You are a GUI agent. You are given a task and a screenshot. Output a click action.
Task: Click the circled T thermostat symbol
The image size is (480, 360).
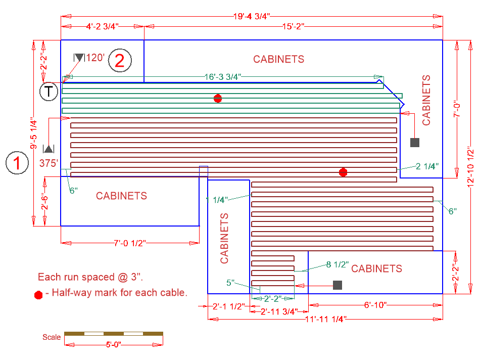tap(49, 92)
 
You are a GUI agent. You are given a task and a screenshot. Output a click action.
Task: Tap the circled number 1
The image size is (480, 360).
tap(17, 163)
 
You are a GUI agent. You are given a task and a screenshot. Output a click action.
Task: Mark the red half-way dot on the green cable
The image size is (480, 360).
tap(218, 99)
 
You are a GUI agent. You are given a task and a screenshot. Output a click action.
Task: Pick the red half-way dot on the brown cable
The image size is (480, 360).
tap(343, 172)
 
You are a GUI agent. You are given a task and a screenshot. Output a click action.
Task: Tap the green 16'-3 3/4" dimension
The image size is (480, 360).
tap(223, 77)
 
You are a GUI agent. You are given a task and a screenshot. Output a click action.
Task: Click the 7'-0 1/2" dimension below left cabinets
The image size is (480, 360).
tap(129, 243)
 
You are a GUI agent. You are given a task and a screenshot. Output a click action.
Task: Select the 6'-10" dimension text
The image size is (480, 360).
tap(375, 305)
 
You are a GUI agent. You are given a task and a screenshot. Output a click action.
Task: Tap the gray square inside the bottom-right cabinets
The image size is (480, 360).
tap(338, 285)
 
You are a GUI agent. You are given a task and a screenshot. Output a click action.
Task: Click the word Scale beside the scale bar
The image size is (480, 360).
tap(52, 337)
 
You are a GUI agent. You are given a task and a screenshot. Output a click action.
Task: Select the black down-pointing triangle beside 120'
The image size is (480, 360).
tap(79, 58)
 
